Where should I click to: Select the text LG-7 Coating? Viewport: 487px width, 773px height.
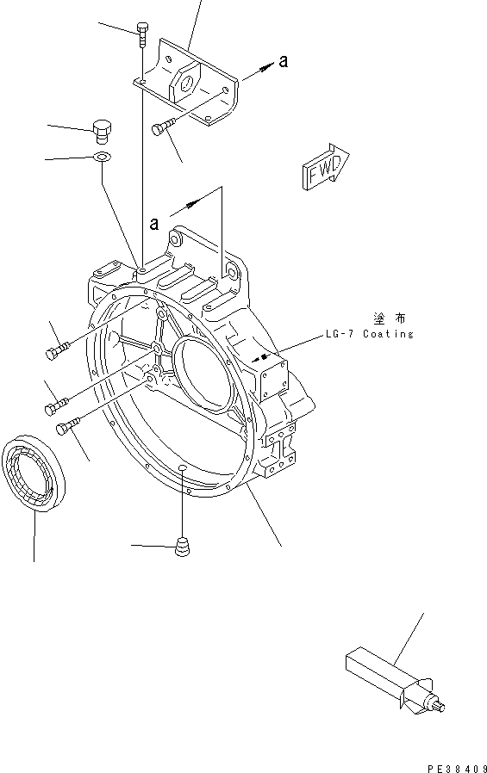click(x=370, y=334)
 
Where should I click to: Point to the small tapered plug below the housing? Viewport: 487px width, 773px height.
click(x=181, y=546)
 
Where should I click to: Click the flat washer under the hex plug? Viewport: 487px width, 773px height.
click(x=102, y=158)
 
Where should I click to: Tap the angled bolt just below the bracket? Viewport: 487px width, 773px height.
click(x=162, y=128)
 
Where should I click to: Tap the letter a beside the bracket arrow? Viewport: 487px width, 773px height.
click(x=283, y=61)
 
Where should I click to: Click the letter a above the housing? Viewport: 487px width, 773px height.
click(x=153, y=224)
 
